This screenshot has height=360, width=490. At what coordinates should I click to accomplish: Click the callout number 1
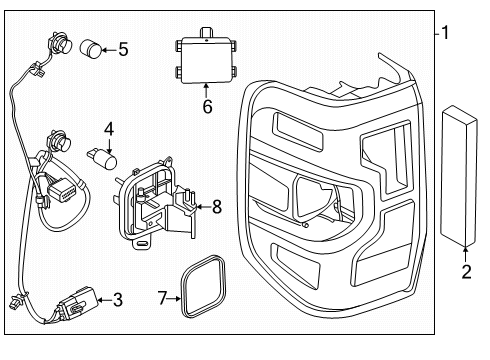click(x=447, y=33)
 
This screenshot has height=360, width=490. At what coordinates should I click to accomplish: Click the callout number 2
click(x=465, y=270)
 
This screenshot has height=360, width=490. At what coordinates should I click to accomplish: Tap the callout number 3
click(x=118, y=299)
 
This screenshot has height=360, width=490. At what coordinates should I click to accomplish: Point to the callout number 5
click(x=122, y=47)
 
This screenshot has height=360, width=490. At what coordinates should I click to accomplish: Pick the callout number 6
click(x=207, y=104)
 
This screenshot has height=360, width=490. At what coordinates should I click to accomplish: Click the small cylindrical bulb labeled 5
click(x=91, y=47)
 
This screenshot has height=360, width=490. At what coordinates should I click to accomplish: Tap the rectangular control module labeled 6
click(x=204, y=57)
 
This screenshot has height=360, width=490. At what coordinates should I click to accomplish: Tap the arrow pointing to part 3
click(x=104, y=298)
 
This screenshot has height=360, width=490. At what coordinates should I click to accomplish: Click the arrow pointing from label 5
click(x=110, y=47)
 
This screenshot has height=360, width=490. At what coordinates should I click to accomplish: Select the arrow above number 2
click(x=465, y=250)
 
